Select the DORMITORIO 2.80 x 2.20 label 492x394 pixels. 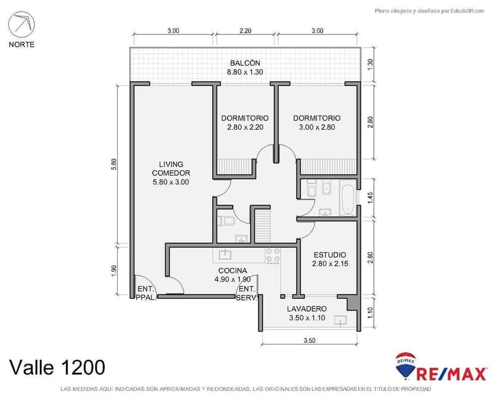pos(244,122)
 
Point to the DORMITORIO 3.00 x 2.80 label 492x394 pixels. pos(317,122)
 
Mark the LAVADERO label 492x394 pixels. pos(307,313)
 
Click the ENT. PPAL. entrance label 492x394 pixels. pos(146,293)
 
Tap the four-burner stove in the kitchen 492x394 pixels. pos(273,255)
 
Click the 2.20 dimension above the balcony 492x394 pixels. pos(245,30)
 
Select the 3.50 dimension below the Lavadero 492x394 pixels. pos(308,340)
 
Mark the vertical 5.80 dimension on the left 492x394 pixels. pos(113,164)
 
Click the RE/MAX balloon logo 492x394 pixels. pos(405,366)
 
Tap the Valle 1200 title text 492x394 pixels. pos(56,366)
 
